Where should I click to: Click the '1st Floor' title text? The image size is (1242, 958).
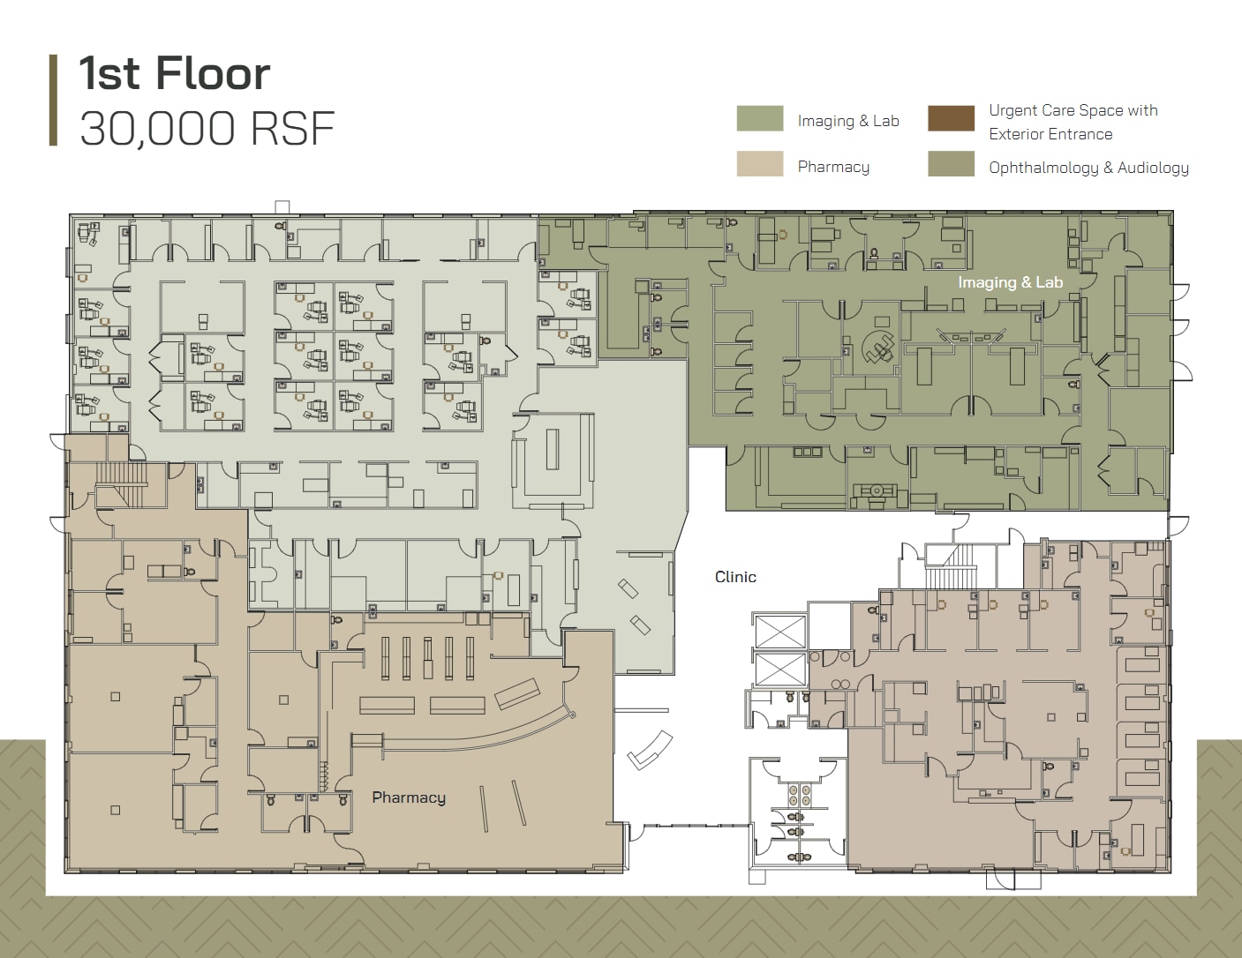[x=174, y=73]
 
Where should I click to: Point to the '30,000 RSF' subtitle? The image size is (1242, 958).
[x=207, y=129]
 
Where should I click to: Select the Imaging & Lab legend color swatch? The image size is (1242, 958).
[x=759, y=119]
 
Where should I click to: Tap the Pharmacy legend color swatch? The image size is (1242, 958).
[x=759, y=164]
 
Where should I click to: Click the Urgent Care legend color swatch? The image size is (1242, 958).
[x=951, y=118]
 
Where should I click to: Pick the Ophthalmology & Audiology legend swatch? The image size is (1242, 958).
[x=951, y=164]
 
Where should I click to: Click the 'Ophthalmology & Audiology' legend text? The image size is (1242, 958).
[x=1088, y=168]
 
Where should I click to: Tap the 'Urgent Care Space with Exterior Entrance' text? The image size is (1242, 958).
[x=1073, y=122]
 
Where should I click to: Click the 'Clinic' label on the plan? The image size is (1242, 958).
[x=735, y=577]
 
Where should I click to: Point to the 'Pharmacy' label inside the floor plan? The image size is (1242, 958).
[x=408, y=797]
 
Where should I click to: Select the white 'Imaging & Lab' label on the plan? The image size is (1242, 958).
[x=1010, y=282]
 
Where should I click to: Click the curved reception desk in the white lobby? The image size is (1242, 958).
[x=649, y=749]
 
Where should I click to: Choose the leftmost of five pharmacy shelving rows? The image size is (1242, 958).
[x=384, y=657]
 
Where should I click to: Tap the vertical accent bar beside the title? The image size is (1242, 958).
[x=54, y=100]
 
